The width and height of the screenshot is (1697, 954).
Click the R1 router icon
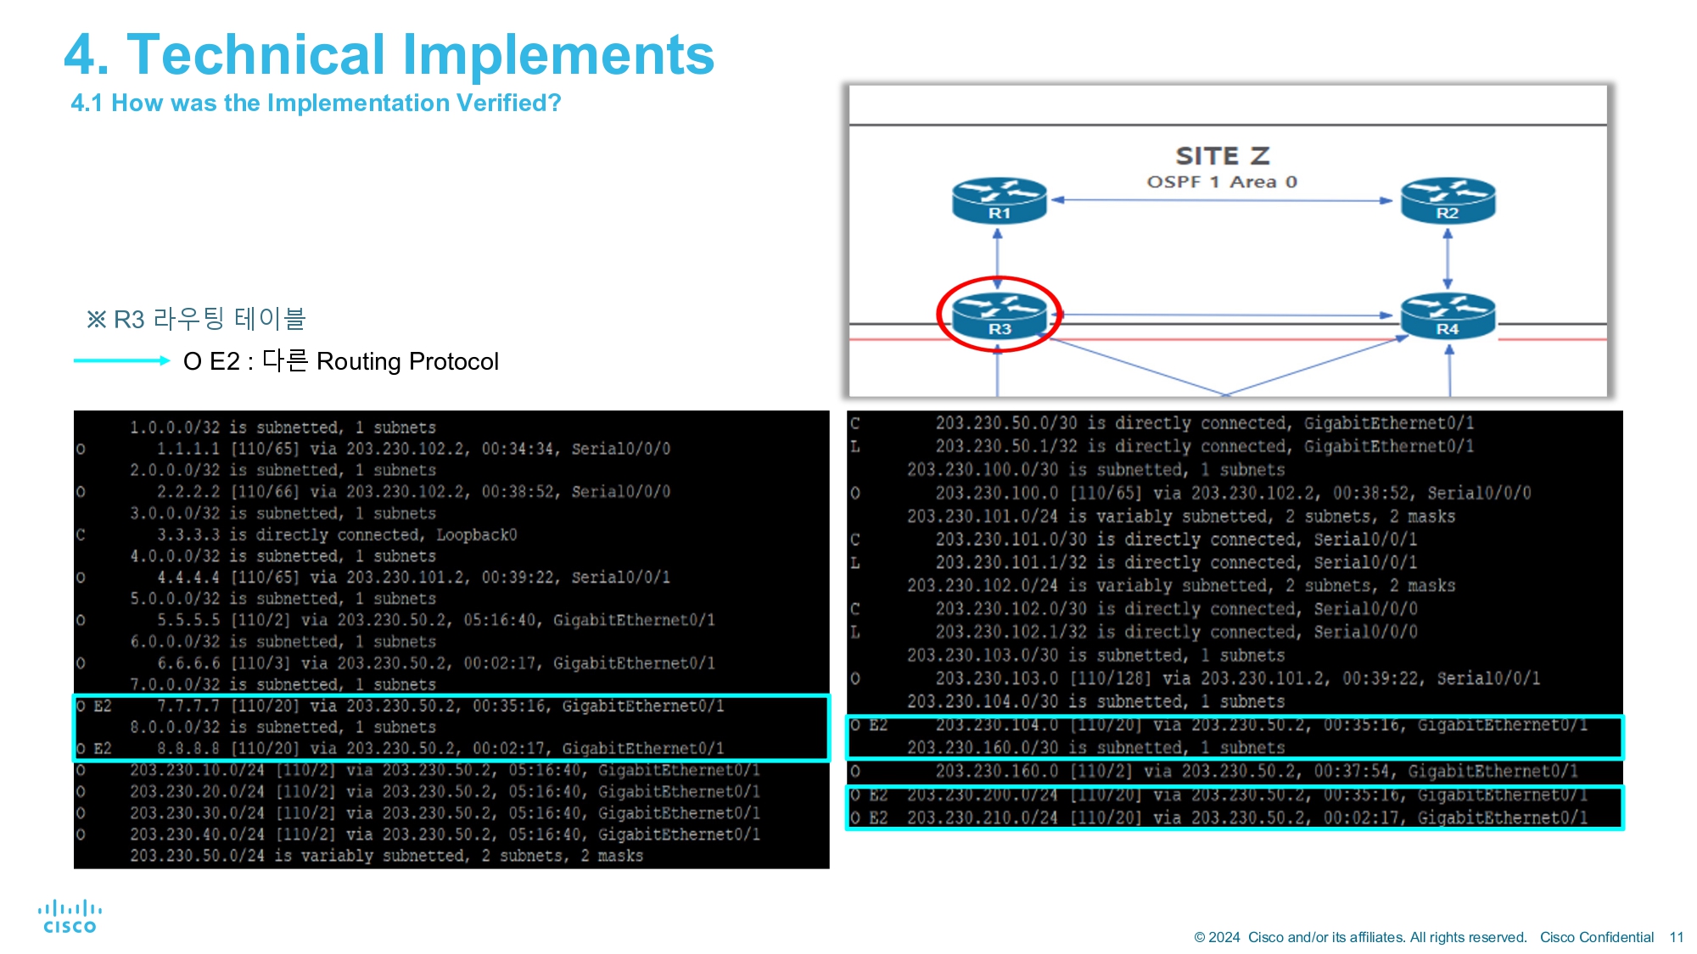[999, 201]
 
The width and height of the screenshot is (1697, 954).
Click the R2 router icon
[1448, 201]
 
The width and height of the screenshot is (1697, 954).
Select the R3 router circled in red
[999, 315]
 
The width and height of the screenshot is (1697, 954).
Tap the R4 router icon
[1448, 315]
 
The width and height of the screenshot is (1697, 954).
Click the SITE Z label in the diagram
[1222, 156]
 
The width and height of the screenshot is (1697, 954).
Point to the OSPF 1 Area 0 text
[1222, 181]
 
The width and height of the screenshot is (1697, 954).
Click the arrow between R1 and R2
[1222, 200]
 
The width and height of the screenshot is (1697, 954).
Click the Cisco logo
[70, 917]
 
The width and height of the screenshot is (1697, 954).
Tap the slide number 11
[1676, 937]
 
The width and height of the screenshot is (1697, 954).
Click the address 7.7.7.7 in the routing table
[188, 706]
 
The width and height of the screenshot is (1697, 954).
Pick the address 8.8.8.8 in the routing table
[188, 748]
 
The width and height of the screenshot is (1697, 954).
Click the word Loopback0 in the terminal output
[476, 534]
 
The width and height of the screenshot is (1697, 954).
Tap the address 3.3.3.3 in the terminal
[188, 534]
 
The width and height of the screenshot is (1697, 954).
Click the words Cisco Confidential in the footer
[1596, 937]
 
